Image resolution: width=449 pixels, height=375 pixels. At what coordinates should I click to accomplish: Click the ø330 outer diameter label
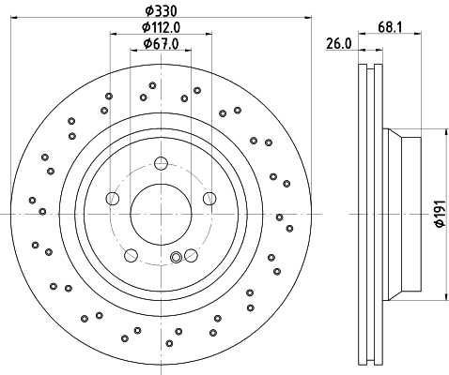160,10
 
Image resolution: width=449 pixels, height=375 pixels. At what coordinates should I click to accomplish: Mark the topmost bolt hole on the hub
161,160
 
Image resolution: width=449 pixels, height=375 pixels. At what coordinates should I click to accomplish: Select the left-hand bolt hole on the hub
113,198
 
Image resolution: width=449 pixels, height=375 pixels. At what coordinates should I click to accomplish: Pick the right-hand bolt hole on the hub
209,197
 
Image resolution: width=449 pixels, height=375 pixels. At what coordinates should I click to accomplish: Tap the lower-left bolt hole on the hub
132,253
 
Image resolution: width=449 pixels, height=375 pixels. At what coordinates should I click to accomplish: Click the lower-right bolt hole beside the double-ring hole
192,253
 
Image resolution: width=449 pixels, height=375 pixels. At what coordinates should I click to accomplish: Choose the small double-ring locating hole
176,259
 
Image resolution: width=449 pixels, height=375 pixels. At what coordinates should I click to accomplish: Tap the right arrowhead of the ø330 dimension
308,19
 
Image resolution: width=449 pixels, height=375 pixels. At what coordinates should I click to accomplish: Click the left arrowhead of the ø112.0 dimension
114,35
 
